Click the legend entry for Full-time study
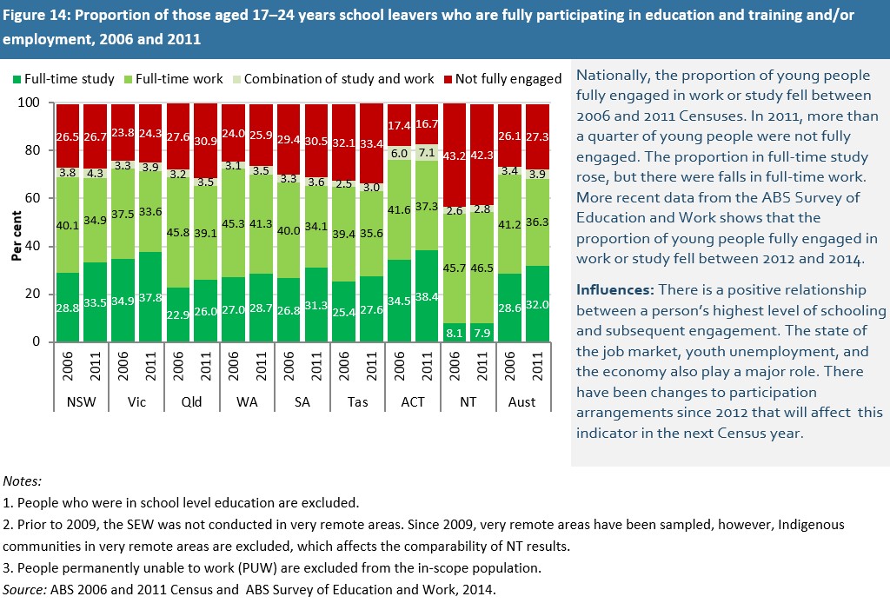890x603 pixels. pos(69,79)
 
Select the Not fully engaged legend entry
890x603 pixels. pos(508,79)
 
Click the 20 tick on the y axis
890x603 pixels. pos(32,295)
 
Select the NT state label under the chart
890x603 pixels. pos(468,402)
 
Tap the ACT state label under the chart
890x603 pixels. pos(414,402)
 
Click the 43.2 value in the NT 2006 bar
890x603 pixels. pos(455,155)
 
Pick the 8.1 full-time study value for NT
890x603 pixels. pos(455,331)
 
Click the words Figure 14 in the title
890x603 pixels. pos(35,16)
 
